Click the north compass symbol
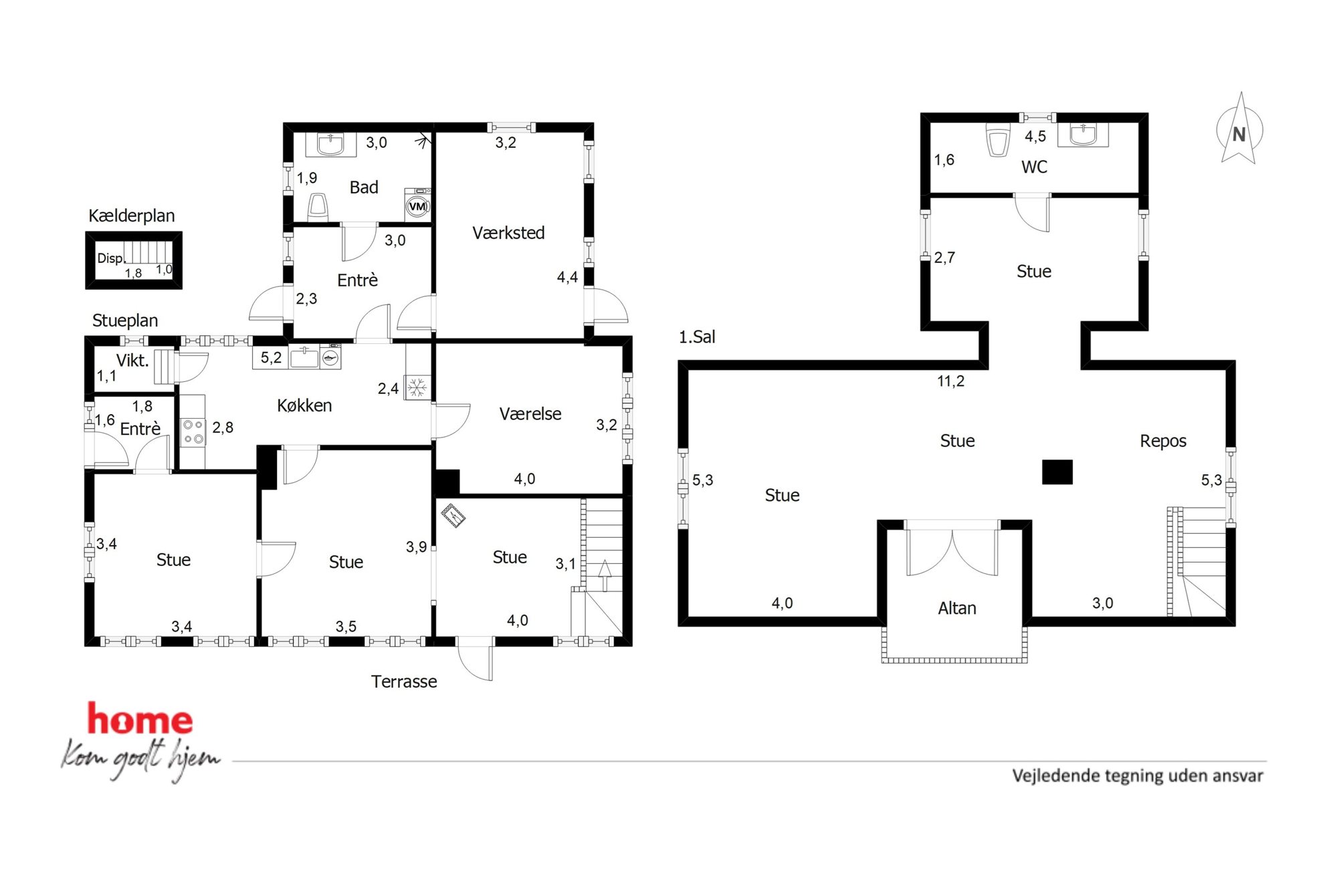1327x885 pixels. pyautogui.click(x=1239, y=130)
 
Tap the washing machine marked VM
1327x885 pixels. pyautogui.click(x=417, y=205)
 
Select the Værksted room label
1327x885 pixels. pyautogui.click(x=508, y=233)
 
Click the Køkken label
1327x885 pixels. pyautogui.click(x=304, y=405)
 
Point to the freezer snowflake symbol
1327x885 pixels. pyautogui.click(x=417, y=387)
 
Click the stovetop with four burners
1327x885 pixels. pyautogui.click(x=193, y=431)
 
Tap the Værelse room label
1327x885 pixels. pyautogui.click(x=530, y=414)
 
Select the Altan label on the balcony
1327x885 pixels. pyautogui.click(x=957, y=608)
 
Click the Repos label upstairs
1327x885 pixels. pyautogui.click(x=1163, y=441)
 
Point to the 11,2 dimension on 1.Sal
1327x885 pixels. pyautogui.click(x=950, y=381)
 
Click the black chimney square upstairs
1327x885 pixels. pyautogui.click(x=1057, y=472)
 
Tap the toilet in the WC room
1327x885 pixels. pyautogui.click(x=997, y=140)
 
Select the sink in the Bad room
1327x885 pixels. pyautogui.click(x=330, y=144)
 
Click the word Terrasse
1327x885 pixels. pyautogui.click(x=404, y=682)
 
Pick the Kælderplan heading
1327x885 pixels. pyautogui.click(x=132, y=215)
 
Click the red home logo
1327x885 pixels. pyautogui.click(x=140, y=719)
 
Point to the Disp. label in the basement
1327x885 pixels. pyautogui.click(x=111, y=258)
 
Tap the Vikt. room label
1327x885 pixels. pyautogui.click(x=132, y=361)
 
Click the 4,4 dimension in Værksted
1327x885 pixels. pyautogui.click(x=567, y=277)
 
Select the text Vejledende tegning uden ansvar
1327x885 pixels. pyautogui.click(x=1138, y=776)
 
